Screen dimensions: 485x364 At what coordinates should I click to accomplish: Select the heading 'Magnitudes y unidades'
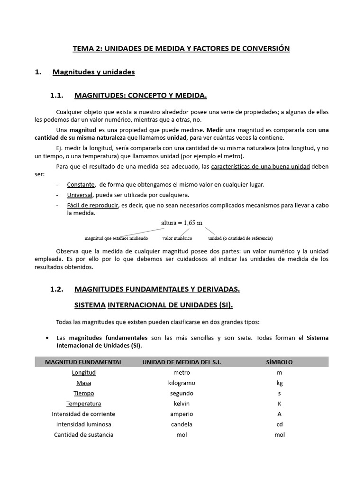coord(93,72)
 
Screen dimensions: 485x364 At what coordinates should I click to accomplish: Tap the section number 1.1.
coord(57,96)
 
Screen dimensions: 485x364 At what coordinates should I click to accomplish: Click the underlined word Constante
coord(81,184)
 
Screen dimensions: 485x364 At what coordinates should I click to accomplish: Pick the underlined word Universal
coord(80,195)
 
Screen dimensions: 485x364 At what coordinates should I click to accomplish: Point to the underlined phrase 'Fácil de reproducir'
coord(92,205)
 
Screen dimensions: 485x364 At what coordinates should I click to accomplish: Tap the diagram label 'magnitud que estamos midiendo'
coord(116,238)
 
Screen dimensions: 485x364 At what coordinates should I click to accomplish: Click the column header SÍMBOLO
coord(279,362)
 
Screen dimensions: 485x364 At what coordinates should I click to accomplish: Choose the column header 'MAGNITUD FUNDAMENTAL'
coord(83,362)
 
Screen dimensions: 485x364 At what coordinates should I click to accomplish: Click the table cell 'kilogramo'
coord(182,383)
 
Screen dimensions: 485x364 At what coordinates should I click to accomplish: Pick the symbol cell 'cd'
coord(280,424)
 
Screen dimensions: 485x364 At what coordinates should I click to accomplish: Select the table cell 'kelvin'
coord(182,404)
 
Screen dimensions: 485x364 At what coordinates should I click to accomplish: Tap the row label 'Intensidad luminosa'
coord(83,424)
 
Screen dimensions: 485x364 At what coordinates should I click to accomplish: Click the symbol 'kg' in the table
coord(280,383)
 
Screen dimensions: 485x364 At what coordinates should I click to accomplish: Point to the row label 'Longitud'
coord(83,372)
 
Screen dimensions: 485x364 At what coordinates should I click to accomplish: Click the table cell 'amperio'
coord(182,414)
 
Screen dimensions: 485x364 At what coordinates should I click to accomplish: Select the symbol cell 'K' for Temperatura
coord(280,404)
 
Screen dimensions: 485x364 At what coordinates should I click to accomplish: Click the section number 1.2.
coord(57,288)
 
